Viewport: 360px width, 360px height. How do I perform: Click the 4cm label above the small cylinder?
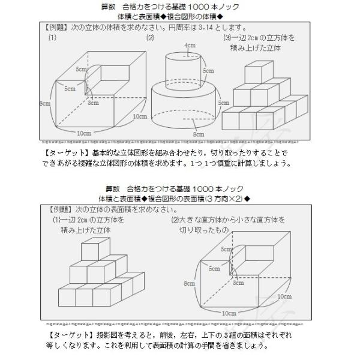tap(191, 46)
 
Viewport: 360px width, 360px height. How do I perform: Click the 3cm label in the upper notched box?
tap(93, 103)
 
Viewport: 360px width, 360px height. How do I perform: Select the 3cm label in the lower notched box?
tap(238, 282)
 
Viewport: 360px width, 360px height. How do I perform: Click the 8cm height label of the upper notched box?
tap(44, 104)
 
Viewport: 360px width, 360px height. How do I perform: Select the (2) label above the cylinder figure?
tap(150, 37)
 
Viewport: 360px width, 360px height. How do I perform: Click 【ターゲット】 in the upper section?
tap(64, 152)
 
